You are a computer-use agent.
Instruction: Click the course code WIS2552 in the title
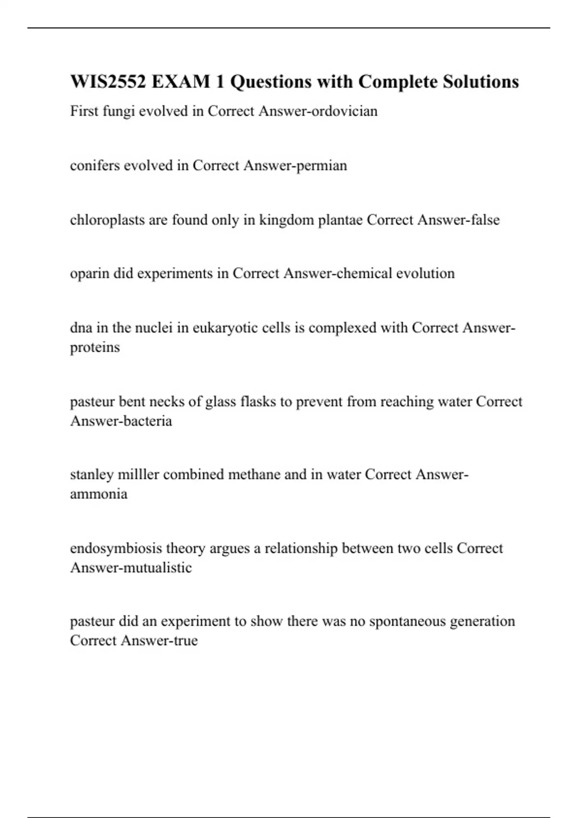click(x=108, y=82)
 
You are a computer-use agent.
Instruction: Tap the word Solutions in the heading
click(x=481, y=82)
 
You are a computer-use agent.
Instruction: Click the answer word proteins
click(x=95, y=347)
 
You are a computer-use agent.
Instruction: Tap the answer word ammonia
click(x=99, y=494)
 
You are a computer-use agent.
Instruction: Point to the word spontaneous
click(x=407, y=622)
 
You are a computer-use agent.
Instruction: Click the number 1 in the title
click(x=220, y=82)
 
